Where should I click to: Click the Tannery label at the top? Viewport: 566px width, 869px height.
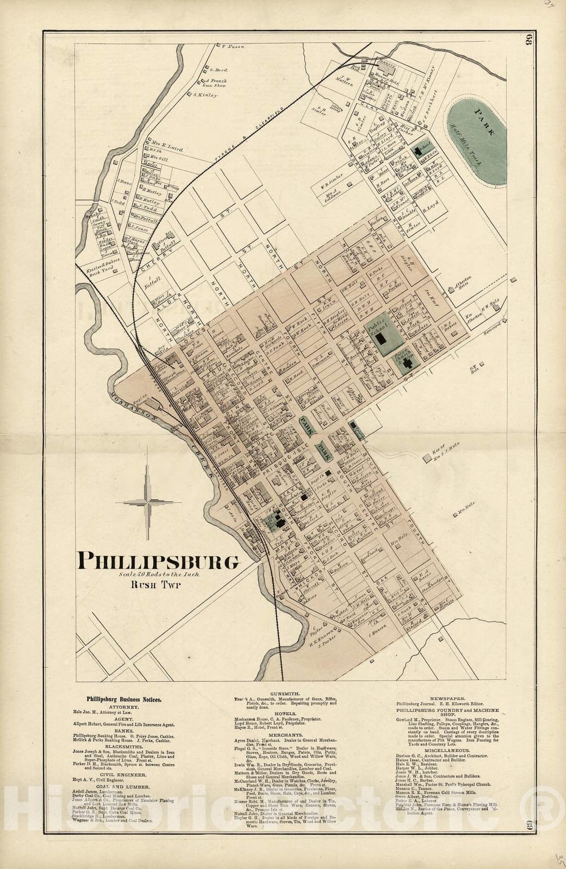click(385, 62)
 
